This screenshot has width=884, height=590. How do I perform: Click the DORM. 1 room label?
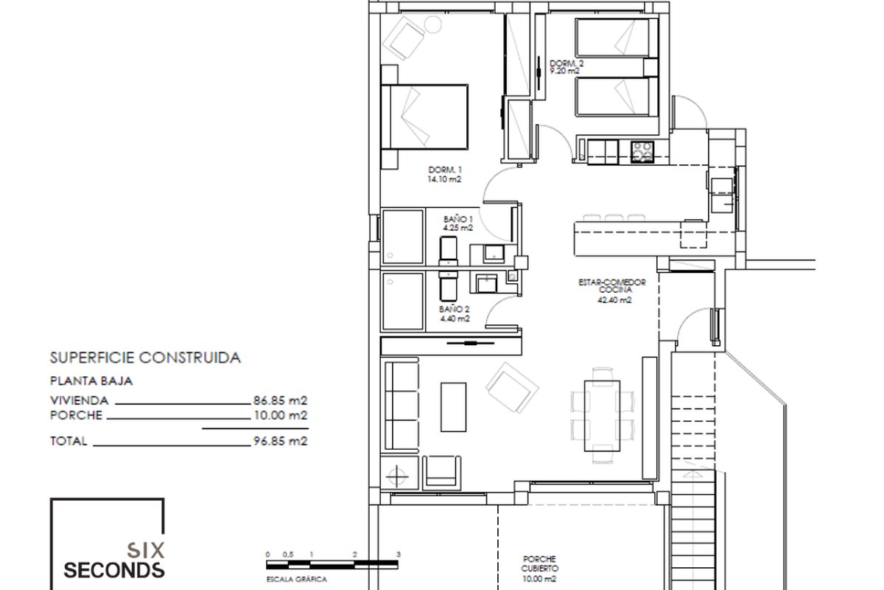coord(445,170)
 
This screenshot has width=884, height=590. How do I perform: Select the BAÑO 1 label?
coord(457,219)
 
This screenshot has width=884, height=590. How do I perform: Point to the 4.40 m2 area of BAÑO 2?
coord(455,319)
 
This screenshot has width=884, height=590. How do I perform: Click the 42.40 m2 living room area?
coord(614,300)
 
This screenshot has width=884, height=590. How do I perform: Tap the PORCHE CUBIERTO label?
coord(539,563)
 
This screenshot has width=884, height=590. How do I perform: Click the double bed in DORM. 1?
coord(424,117)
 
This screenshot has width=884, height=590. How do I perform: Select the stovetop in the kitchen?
coord(642,152)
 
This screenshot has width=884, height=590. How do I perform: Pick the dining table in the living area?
coord(603,416)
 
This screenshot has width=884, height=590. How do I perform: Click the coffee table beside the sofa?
coord(454,406)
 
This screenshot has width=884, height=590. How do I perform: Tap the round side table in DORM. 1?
coord(433,25)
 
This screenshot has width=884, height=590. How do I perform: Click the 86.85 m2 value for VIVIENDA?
coord(280,400)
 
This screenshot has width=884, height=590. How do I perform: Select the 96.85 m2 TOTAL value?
coord(280,440)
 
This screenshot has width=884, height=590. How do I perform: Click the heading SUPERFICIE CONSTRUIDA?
coord(145,358)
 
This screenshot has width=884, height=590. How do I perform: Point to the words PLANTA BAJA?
coord(91,381)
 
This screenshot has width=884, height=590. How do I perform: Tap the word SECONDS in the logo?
coord(114,570)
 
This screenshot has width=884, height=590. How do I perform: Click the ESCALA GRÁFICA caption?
coord(297,580)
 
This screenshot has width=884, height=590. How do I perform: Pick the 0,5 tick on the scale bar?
coord(288,555)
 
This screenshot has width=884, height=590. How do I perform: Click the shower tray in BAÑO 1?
coord(403,236)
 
